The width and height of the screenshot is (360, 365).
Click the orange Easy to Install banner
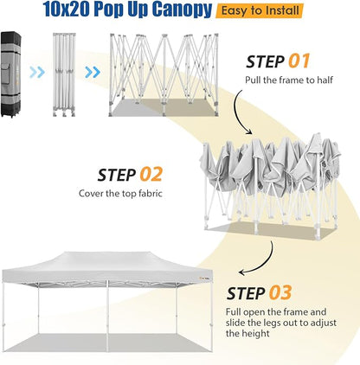[x=260, y=11]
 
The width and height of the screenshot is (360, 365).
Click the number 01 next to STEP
[x=299, y=61]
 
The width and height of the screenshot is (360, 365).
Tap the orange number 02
[x=151, y=175]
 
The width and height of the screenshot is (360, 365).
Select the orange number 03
[x=280, y=292]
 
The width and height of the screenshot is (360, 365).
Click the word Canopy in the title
[x=182, y=10]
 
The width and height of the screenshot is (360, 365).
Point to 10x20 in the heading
[x=67, y=9]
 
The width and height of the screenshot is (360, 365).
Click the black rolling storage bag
[x=11, y=74]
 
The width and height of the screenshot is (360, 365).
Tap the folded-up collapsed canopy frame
[x=64, y=74]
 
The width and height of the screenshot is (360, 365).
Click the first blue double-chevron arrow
[x=37, y=72]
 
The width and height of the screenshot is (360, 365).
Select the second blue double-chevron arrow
[x=93, y=72]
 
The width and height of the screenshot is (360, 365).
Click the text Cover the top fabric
[x=120, y=193]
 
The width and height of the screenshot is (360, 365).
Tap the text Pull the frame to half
[x=289, y=80]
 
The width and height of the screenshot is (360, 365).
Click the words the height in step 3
[x=247, y=334]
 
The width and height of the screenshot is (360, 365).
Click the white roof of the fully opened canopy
[x=106, y=263]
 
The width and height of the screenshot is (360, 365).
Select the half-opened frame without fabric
[x=164, y=75]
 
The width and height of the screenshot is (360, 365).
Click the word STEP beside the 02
[x=117, y=175]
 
